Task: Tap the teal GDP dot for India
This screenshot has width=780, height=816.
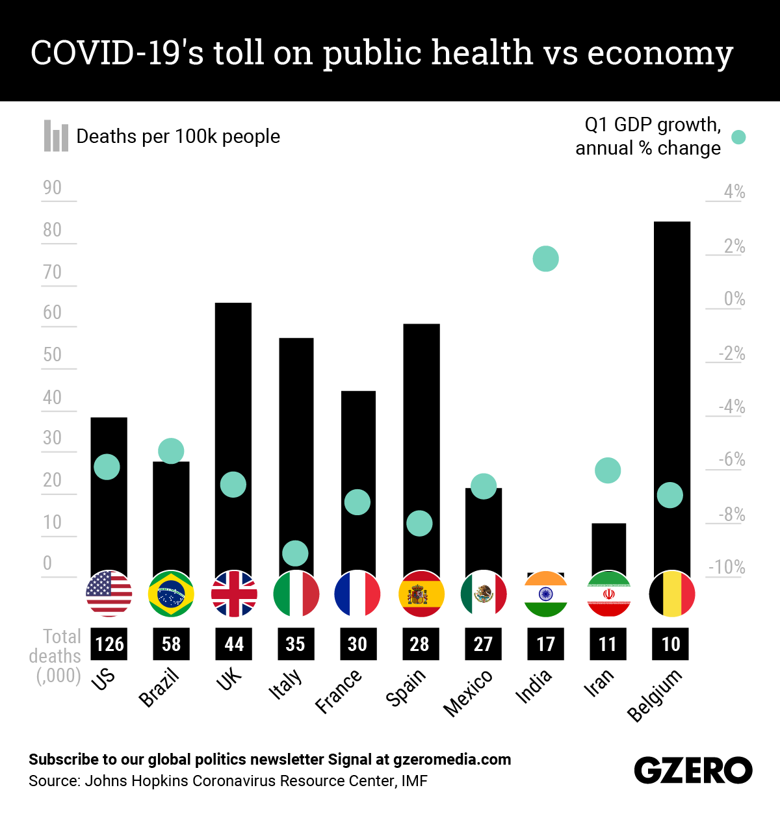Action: click(545, 259)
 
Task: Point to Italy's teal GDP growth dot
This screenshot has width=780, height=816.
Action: click(295, 554)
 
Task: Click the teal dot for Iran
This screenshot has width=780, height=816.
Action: click(608, 470)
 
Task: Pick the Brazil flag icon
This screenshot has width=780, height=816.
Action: click(171, 594)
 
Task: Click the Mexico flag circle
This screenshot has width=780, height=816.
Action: click(483, 594)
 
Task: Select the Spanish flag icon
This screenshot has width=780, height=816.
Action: click(421, 594)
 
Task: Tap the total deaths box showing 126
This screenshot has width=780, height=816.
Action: click(109, 644)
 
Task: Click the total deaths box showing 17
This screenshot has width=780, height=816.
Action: click(545, 644)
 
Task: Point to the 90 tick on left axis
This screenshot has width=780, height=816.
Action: click(53, 188)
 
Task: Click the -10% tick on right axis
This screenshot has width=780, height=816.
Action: click(727, 567)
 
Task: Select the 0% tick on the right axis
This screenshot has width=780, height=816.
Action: click(734, 299)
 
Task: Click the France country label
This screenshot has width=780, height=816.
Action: click(339, 691)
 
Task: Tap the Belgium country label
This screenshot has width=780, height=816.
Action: click(655, 695)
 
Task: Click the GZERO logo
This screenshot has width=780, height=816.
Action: click(693, 771)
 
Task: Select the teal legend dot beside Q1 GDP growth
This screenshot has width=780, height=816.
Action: click(738, 137)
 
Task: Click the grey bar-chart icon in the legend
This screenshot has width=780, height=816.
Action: click(56, 136)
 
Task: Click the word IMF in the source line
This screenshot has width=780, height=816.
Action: click(414, 781)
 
